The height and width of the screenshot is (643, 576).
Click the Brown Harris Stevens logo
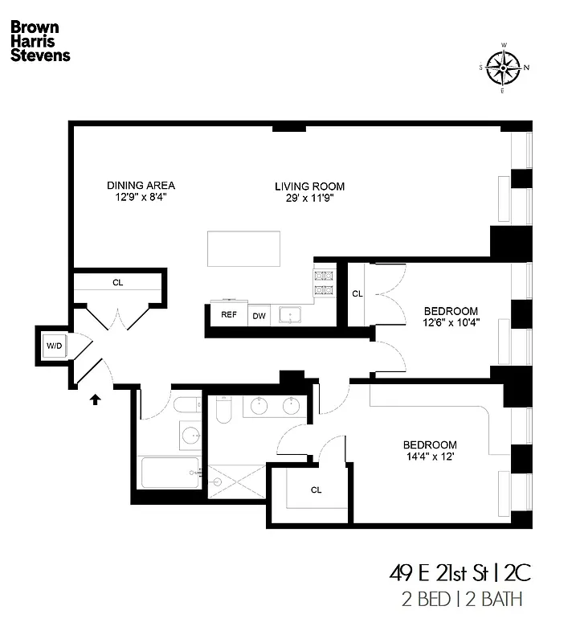[x=39, y=41]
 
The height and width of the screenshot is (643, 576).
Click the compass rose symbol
[x=503, y=68]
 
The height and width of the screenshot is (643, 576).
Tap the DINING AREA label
[x=141, y=186]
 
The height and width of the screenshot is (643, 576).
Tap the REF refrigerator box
[x=229, y=314]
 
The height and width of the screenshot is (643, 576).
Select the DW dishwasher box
[x=259, y=315]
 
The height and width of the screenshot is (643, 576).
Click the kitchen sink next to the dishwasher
[x=289, y=314]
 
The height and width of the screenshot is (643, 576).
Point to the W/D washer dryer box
[x=54, y=346]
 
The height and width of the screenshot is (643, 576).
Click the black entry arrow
[x=95, y=398]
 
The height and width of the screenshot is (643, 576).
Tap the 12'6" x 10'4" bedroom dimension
[x=451, y=323]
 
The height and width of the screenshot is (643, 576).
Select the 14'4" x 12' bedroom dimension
[x=430, y=457]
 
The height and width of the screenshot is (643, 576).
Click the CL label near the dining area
[x=117, y=283]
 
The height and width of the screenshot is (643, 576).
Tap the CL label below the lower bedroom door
[x=316, y=489]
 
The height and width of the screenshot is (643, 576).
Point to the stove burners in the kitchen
[x=323, y=283]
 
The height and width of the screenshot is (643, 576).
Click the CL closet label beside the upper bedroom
[x=357, y=294]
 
